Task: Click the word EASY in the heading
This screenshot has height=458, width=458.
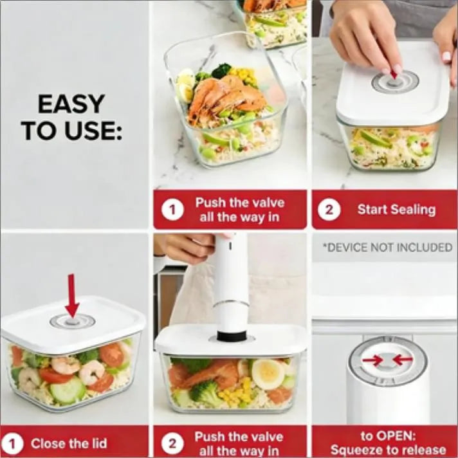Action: [71, 104]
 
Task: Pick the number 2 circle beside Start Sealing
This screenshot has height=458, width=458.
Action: [329, 209]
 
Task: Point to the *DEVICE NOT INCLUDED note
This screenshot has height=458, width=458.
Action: [387, 247]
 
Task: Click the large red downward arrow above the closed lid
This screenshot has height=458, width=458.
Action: [72, 295]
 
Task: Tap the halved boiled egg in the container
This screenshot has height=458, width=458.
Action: [268, 373]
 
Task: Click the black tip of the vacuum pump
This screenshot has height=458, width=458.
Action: [230, 335]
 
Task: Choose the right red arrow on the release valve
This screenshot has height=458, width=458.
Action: [402, 360]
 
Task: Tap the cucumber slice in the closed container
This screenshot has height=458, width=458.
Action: [68, 390]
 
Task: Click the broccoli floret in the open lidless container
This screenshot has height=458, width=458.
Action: [221, 70]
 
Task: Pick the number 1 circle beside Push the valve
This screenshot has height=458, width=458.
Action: [172, 209]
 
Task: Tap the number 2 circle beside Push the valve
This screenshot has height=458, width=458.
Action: [172, 443]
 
